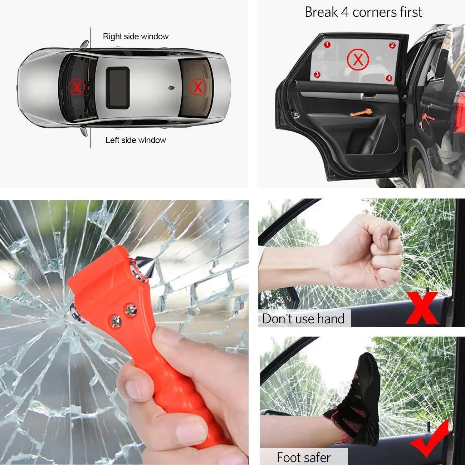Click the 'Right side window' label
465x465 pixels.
pos(136,36)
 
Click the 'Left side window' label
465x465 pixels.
pos(136,140)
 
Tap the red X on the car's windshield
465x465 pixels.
pos(77,87)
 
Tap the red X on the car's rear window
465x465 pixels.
pos(197,87)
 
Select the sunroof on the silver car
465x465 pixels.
pos(117,88)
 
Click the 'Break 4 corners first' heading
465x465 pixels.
pos(363,12)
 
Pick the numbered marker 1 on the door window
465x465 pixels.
pos(327,45)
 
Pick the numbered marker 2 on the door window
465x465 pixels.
pos(392,45)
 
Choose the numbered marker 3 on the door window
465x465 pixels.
pos(317,75)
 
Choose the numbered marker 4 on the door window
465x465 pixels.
pos(389,78)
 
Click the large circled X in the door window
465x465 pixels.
pos(358,59)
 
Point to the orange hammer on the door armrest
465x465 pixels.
pos(361,113)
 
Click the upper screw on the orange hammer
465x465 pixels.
pos(131,310)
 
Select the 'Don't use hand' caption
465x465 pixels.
pos(303,318)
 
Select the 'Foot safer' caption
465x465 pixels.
pos(303,457)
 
